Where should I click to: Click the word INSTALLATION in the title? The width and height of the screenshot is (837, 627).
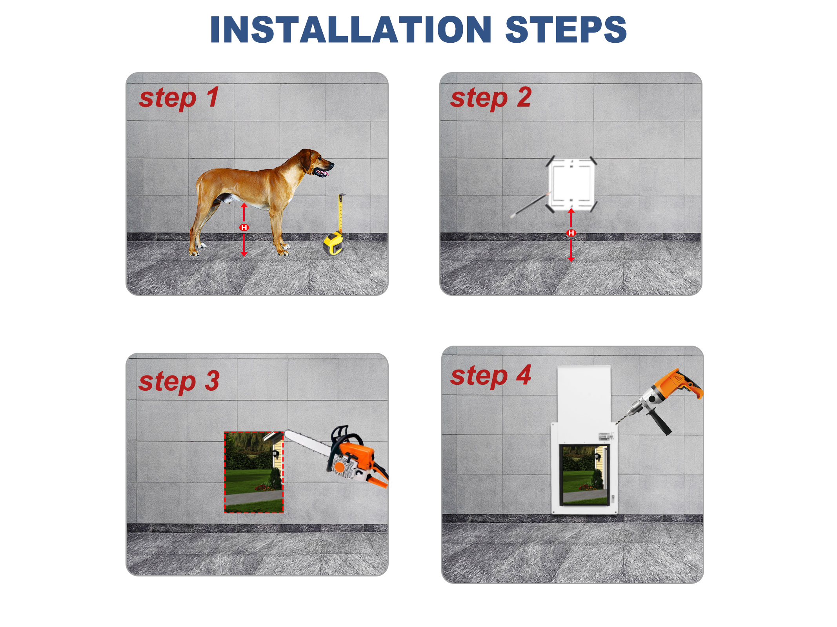[351, 29]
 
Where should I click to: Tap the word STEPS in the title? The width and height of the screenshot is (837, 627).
[566, 29]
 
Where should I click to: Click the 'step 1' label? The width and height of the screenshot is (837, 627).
[179, 98]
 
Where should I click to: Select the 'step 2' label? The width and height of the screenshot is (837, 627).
[491, 98]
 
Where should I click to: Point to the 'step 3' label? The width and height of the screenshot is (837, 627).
[179, 381]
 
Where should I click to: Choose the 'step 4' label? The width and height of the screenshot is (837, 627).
[491, 375]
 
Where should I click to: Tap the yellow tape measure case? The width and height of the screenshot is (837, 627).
[334, 243]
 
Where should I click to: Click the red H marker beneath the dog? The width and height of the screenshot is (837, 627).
[244, 227]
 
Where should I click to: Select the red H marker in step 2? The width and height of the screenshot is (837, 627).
[571, 233]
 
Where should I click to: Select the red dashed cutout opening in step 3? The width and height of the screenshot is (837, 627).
[254, 472]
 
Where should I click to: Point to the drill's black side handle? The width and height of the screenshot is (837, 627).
[659, 421]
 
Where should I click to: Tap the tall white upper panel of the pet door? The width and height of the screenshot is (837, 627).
[584, 394]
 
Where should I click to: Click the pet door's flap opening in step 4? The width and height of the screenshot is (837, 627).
[584, 474]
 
